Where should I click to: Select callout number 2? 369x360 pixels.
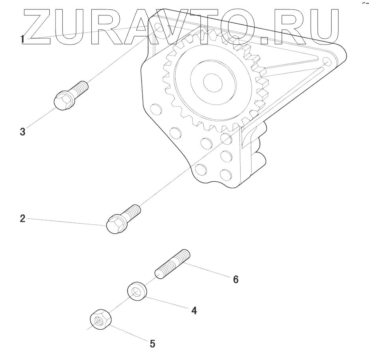coord(23,218)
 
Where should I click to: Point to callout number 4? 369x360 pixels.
coord(194,311)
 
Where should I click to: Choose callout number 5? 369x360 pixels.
coord(152,344)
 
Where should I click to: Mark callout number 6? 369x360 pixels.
coord(235,280)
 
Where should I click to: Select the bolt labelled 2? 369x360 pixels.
coord(124,218)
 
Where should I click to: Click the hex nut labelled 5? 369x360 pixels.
coord(100,319)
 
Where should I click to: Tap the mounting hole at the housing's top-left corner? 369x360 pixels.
coord(158,29)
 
